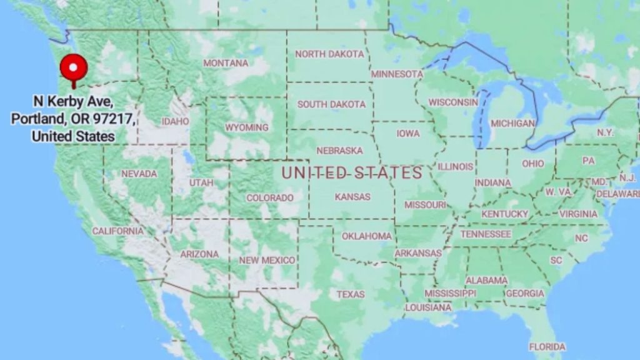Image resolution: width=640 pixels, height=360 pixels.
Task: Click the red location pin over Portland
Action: pyautogui.click(x=74, y=69)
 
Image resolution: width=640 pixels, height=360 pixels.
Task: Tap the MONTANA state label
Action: pyautogui.click(x=226, y=63)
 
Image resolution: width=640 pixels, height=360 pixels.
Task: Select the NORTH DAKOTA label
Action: pyautogui.click(x=329, y=54)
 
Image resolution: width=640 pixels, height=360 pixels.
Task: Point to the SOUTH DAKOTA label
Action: pyautogui.click(x=331, y=104)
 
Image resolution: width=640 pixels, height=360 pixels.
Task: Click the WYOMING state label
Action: pyautogui.click(x=246, y=127)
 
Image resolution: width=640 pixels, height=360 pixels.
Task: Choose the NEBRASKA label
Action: pyautogui.click(x=339, y=151)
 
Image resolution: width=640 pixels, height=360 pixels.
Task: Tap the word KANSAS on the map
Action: pyautogui.click(x=352, y=196)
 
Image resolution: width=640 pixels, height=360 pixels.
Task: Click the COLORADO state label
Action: pyautogui.click(x=269, y=197)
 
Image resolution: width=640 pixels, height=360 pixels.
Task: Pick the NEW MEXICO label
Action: pyautogui.click(x=267, y=260)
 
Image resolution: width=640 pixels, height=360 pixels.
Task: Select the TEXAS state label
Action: pyautogui.click(x=350, y=294)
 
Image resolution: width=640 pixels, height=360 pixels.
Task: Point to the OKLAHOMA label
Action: pyautogui.click(x=366, y=236)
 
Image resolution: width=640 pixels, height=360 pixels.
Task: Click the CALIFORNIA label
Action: pyautogui.click(x=117, y=231)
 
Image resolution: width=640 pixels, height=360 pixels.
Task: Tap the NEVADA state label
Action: pyautogui.click(x=139, y=174)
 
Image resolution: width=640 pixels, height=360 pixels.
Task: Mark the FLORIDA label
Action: pyautogui.click(x=547, y=346)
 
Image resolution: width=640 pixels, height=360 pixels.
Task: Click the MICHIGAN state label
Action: pyautogui.click(x=512, y=123)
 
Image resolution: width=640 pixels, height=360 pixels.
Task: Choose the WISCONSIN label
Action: pyautogui.click(x=452, y=102)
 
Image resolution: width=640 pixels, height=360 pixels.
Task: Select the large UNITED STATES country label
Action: pyautogui.click(x=352, y=173)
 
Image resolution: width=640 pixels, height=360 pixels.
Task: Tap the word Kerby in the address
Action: pyautogui.click(x=71, y=101)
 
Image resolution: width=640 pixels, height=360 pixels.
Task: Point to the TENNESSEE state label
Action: pyautogui.click(x=485, y=234)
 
